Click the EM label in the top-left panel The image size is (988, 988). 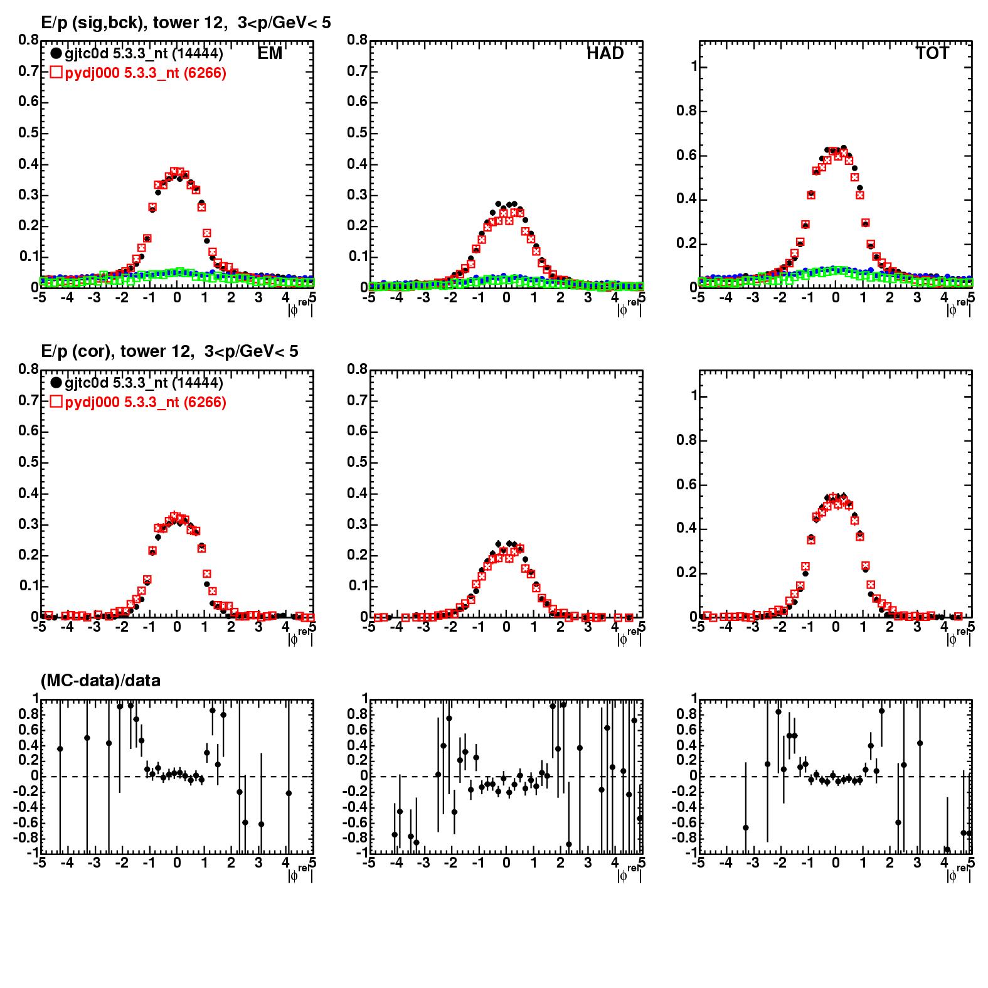pyautogui.click(x=270, y=54)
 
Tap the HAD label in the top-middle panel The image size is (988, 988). pyautogui.click(x=605, y=54)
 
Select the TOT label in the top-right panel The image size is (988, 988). pyautogui.click(x=932, y=54)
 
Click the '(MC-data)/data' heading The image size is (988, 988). pyautogui.click(x=100, y=681)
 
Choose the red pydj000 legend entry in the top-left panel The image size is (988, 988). pyautogui.click(x=138, y=73)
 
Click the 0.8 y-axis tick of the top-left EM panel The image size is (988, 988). pyautogui.click(x=28, y=40)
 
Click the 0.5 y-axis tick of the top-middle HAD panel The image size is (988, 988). pyautogui.click(x=357, y=133)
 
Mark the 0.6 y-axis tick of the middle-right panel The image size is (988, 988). pyautogui.click(x=688, y=485)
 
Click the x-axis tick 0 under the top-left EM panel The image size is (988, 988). pyautogui.click(x=177, y=298)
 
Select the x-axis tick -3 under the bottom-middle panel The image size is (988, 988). pyautogui.click(x=423, y=863)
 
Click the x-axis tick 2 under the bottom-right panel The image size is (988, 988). pyautogui.click(x=890, y=863)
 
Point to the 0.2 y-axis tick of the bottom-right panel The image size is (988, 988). pyautogui.click(x=686, y=760)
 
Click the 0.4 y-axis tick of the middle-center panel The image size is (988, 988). pyautogui.click(x=357, y=494)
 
